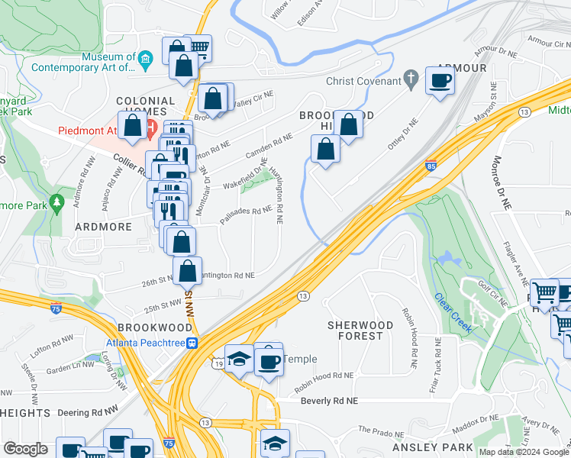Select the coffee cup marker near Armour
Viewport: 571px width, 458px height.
[440, 80]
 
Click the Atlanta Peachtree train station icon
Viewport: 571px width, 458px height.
[194, 342]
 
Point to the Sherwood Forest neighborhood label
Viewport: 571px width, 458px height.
[360, 331]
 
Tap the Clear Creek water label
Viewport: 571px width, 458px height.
[452, 312]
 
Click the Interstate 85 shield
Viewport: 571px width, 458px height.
[431, 165]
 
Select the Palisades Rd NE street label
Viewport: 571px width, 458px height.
[247, 211]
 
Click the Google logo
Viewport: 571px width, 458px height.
[25, 449]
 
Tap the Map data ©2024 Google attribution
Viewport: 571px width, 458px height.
[524, 452]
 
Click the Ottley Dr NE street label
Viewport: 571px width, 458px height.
[404, 135]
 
